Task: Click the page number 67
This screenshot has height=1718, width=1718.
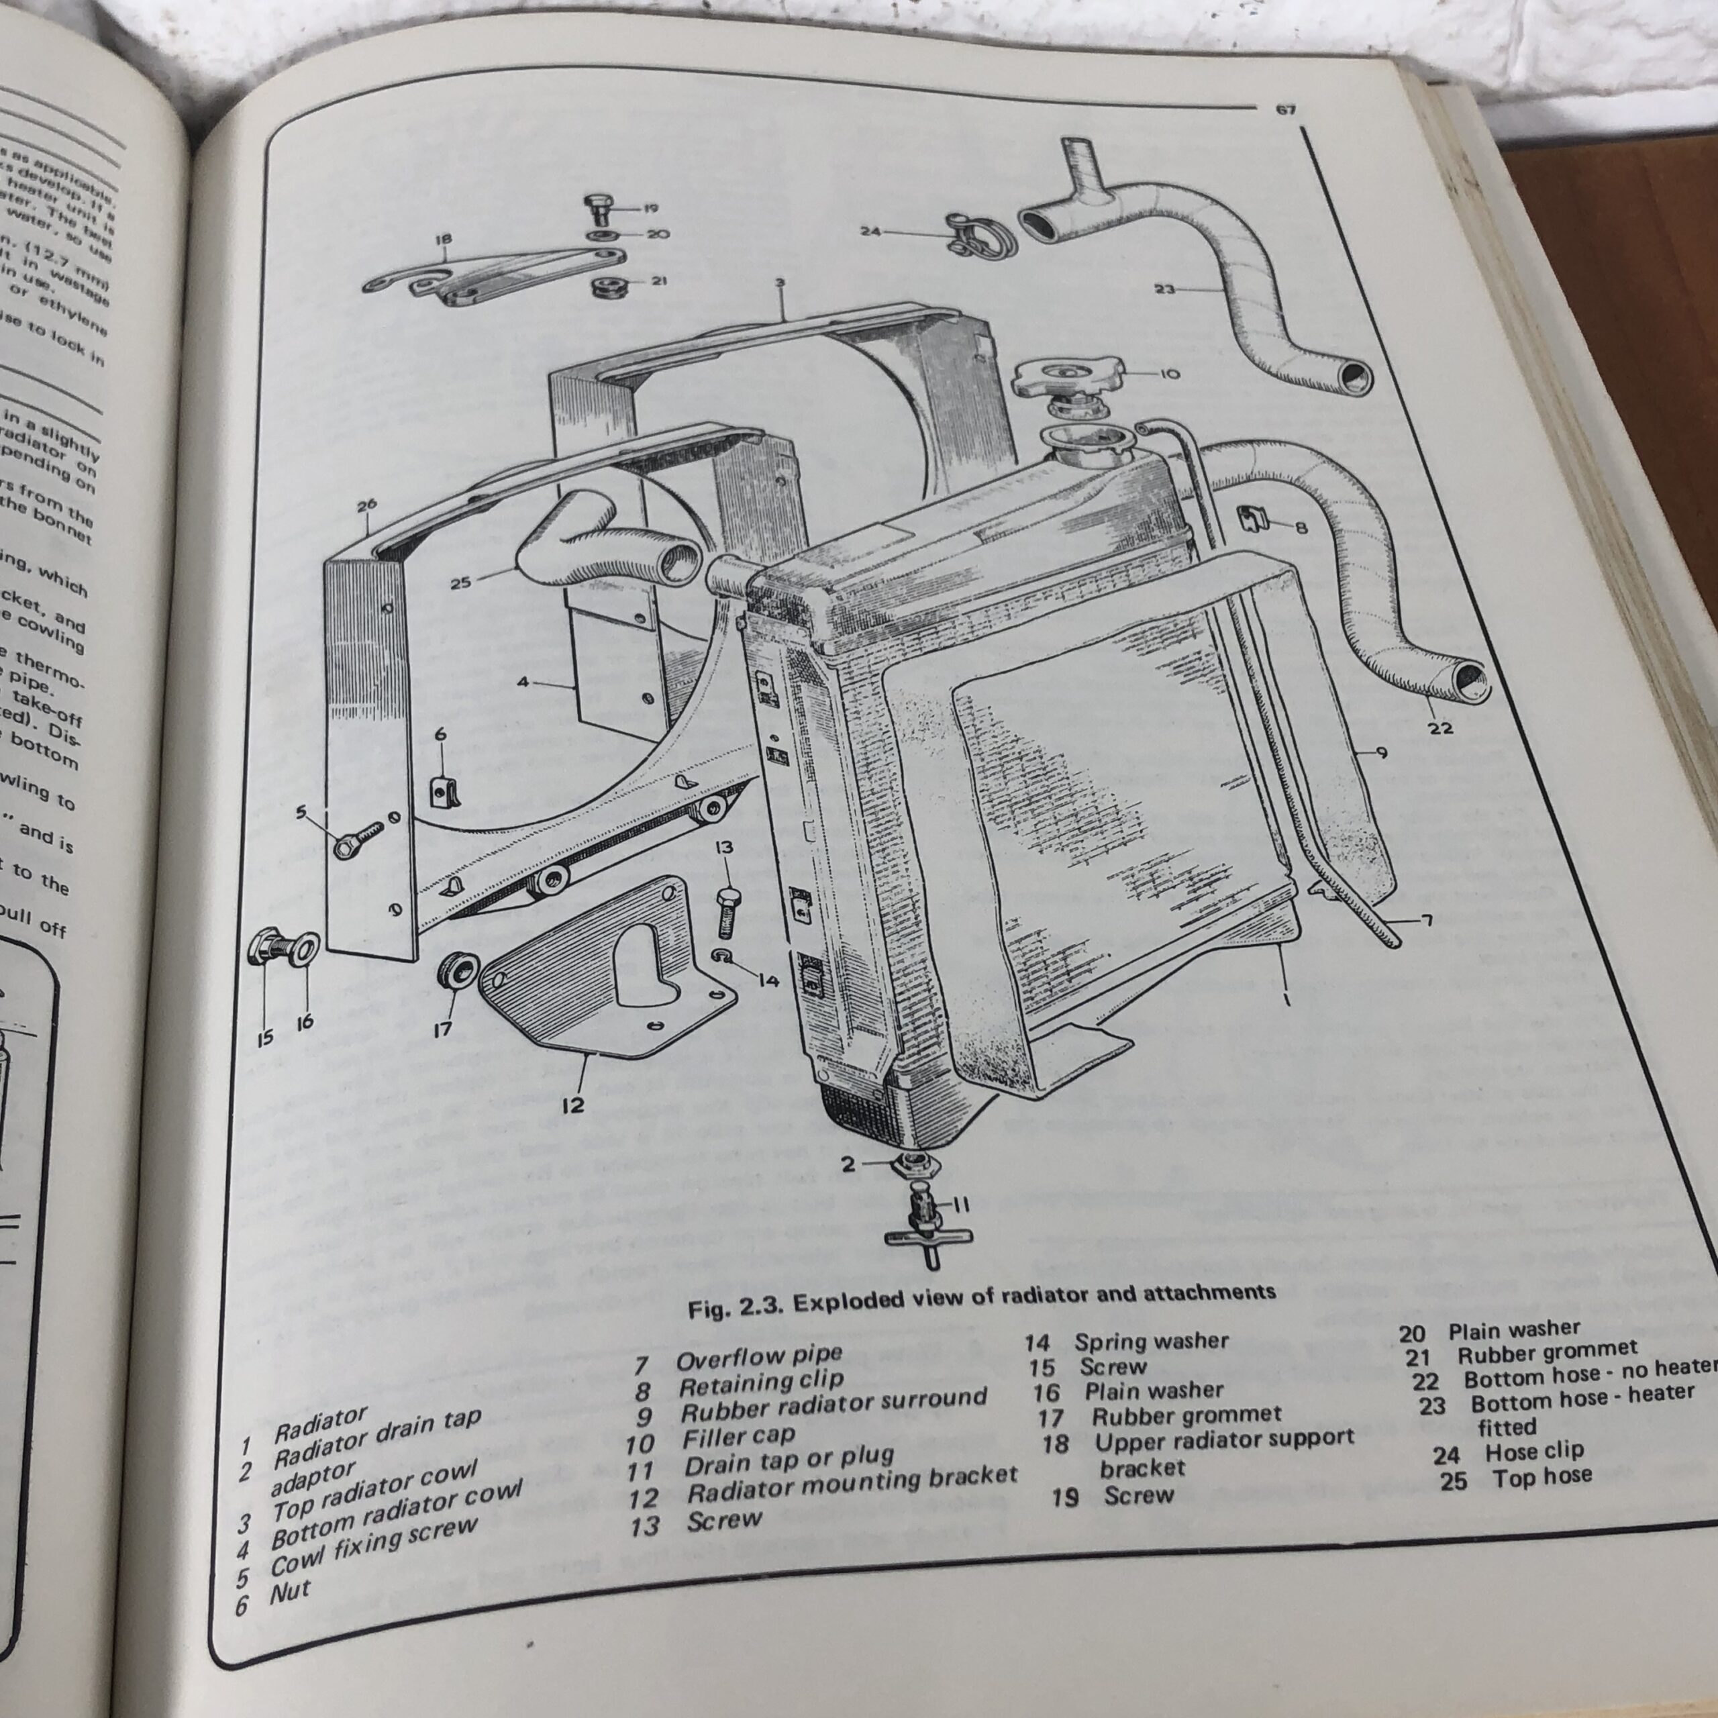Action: pos(1285,109)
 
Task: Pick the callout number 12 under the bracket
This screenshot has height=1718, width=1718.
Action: pos(572,1105)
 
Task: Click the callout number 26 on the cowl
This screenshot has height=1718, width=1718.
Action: pos(366,506)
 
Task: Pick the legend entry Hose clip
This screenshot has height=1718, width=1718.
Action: pos(1534,1453)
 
